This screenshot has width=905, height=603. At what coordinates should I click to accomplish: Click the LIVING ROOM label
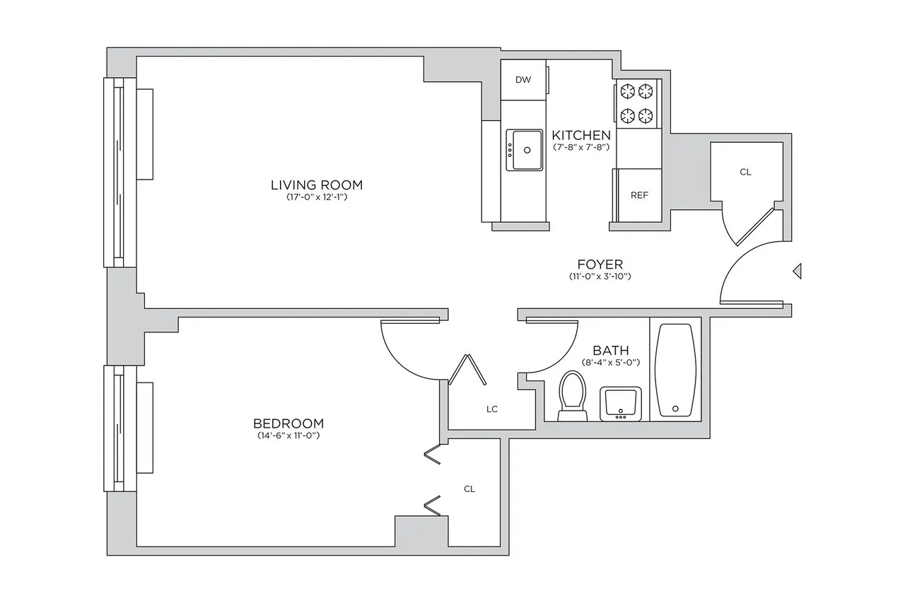316,185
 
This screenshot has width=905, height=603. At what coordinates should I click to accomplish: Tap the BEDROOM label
288,423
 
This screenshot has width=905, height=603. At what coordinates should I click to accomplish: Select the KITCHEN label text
580,135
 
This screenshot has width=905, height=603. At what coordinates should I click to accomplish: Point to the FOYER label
600,264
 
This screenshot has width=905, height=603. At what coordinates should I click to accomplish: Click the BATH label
610,350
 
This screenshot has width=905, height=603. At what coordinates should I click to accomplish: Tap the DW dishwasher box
523,80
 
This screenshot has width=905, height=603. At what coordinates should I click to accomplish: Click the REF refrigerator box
639,196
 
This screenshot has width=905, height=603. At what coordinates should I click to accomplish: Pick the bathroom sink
621,403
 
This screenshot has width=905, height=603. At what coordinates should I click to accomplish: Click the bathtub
676,371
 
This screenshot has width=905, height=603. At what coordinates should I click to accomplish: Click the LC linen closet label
492,409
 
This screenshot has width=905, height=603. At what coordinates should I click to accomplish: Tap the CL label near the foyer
745,172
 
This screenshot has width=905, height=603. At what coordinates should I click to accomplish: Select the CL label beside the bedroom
469,488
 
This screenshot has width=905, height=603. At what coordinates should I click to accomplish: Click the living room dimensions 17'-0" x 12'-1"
316,198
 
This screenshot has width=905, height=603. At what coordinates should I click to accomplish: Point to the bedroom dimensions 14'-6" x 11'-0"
288,435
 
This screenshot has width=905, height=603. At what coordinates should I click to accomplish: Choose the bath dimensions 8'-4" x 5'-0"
610,363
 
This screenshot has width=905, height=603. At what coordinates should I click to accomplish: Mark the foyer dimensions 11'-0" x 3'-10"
600,276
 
